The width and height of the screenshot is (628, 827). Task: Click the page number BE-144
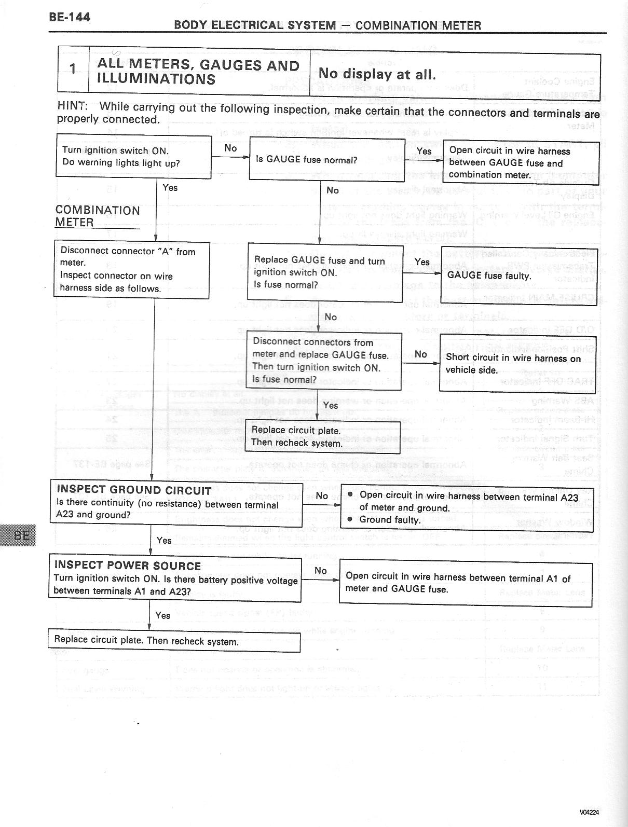click(70, 17)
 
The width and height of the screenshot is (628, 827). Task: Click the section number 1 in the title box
click(73, 69)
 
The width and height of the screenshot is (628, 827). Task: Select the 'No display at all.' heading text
click(377, 74)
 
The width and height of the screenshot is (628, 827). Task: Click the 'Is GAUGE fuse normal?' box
click(327, 159)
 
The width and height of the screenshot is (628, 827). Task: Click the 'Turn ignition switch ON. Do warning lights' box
click(133, 156)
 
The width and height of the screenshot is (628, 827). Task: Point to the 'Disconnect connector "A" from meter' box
click(131, 270)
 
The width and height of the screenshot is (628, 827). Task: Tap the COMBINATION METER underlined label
click(97, 216)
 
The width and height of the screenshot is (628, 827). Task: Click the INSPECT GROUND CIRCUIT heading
click(134, 490)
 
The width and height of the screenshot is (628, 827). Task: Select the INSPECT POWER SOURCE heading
click(128, 566)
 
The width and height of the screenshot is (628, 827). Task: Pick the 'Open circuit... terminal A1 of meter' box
click(466, 583)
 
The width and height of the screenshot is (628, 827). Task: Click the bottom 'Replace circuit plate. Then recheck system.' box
click(174, 641)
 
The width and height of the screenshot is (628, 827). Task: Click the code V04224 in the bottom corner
click(590, 812)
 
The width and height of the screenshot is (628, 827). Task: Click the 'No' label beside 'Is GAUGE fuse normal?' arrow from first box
click(231, 148)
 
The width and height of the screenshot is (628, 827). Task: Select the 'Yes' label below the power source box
click(163, 615)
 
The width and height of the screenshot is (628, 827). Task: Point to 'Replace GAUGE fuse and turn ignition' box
click(325, 272)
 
